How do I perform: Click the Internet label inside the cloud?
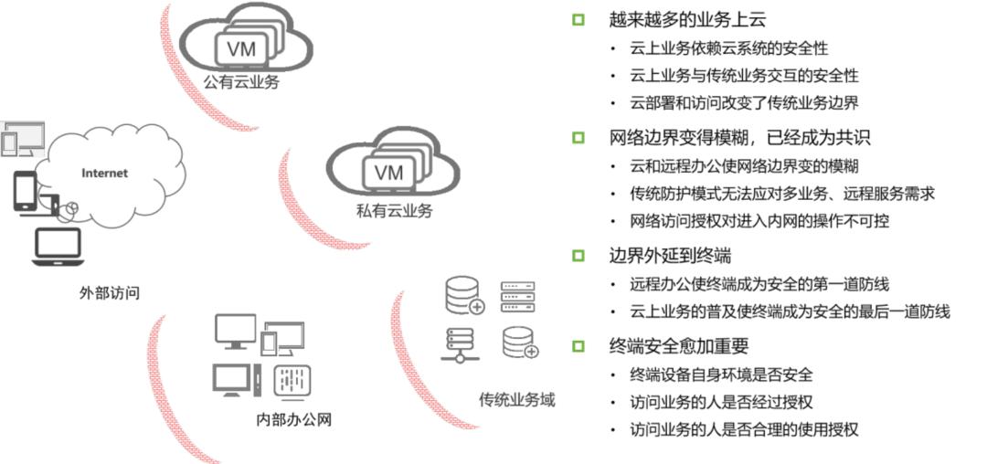coord(105,173)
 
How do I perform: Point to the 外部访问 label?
coord(110,293)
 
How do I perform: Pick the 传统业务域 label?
coord(516,400)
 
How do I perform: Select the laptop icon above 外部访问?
coord(58,248)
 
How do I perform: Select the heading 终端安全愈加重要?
coord(679,345)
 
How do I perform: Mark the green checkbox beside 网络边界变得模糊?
coord(578,138)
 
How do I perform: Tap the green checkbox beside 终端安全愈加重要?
coord(578,345)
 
